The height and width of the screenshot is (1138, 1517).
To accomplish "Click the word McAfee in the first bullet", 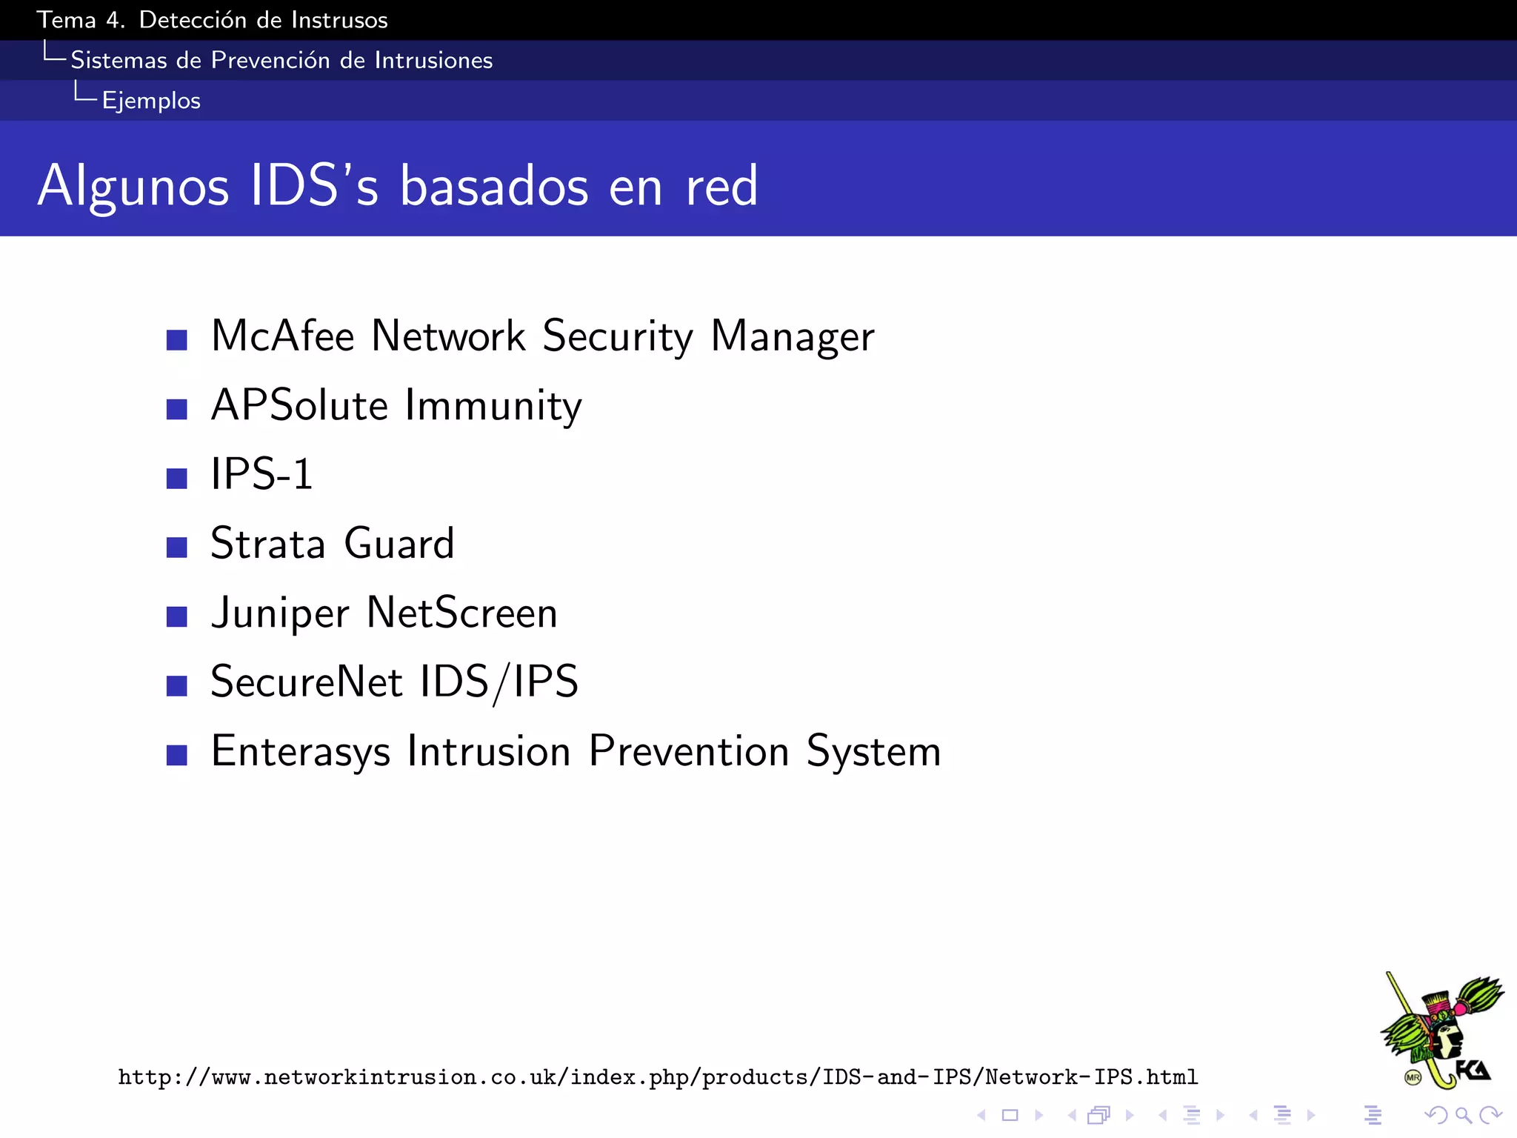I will click(x=283, y=336).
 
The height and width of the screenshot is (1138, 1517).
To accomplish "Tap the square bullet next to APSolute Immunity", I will click(x=176, y=409).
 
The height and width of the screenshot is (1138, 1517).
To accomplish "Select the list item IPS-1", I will click(x=261, y=474).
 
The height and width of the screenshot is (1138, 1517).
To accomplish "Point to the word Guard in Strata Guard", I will click(x=399, y=544).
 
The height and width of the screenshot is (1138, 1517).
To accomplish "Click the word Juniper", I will click(x=280, y=613).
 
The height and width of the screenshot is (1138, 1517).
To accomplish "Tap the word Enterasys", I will click(x=300, y=751).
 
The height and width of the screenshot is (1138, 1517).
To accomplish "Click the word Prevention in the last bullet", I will click(x=689, y=751).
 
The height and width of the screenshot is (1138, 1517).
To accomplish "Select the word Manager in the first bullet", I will click(x=793, y=336).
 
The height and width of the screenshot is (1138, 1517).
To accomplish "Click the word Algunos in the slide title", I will click(x=133, y=186).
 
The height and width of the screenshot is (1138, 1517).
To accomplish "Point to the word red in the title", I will click(x=721, y=186).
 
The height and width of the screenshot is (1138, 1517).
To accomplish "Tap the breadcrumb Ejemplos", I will click(x=151, y=101).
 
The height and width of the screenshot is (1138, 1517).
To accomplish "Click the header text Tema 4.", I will click(x=81, y=20).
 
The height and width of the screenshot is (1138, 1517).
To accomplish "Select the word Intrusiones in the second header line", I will click(x=433, y=60).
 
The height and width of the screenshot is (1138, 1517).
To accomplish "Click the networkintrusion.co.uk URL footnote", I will click(x=658, y=1077).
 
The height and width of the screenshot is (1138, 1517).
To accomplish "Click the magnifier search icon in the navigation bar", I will click(x=1463, y=1115).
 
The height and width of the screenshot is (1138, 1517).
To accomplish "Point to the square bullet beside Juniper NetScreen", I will click(x=176, y=616).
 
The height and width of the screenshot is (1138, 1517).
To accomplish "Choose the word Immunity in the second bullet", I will click(x=493, y=406).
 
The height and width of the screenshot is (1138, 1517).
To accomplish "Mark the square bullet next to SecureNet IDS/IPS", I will click(x=176, y=685).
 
